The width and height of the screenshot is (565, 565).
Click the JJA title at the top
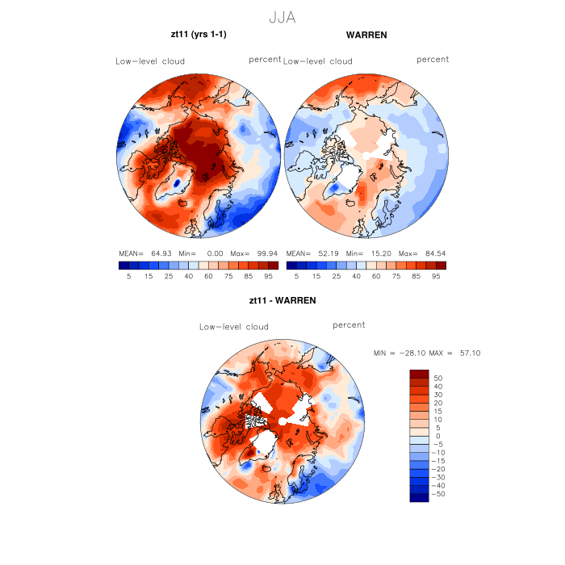click(282, 16)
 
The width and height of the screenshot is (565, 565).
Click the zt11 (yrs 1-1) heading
click(199, 36)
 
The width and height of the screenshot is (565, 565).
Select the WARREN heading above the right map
click(366, 36)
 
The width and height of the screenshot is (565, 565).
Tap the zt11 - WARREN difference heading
click(282, 300)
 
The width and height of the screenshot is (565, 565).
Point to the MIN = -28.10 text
click(401, 354)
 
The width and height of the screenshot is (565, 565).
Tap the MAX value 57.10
click(469, 354)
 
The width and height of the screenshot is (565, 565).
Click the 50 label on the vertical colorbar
click(438, 378)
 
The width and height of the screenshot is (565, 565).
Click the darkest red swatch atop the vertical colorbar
click(419, 374)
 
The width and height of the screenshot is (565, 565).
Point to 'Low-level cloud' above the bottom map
click(234, 327)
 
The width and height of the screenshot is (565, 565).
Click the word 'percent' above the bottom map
click(349, 325)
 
